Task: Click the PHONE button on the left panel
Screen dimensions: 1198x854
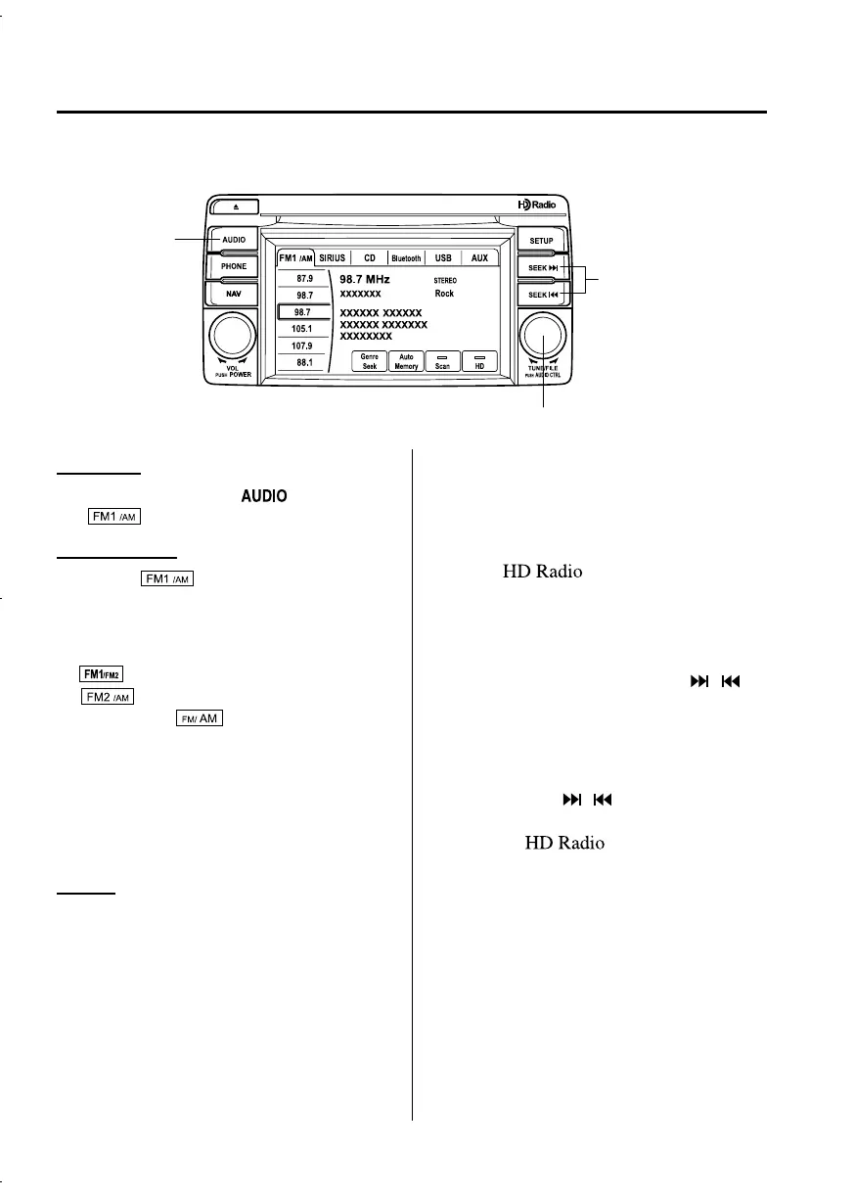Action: pyautogui.click(x=234, y=265)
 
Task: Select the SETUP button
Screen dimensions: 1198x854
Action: pyautogui.click(x=541, y=240)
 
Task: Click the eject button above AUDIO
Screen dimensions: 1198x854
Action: pyautogui.click(x=234, y=207)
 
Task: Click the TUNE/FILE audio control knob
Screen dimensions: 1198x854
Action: pyautogui.click(x=541, y=337)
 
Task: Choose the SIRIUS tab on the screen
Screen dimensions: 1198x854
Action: pyautogui.click(x=332, y=258)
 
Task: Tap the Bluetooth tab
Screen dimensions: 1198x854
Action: pyautogui.click(x=406, y=258)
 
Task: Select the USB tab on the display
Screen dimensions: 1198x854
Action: pyautogui.click(x=443, y=258)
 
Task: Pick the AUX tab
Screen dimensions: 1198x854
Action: pyautogui.click(x=479, y=258)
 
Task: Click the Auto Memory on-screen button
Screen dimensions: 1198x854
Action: pyautogui.click(x=406, y=361)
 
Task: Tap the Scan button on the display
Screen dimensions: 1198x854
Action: pyautogui.click(x=442, y=361)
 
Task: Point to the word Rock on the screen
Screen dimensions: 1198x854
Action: pyautogui.click(x=444, y=293)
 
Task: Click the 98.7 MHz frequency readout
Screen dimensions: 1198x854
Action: pyautogui.click(x=365, y=279)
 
